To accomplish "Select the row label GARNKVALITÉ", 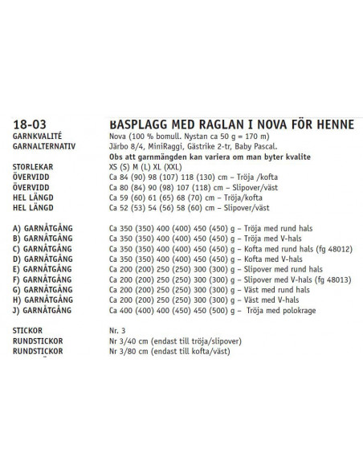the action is [38, 137].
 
